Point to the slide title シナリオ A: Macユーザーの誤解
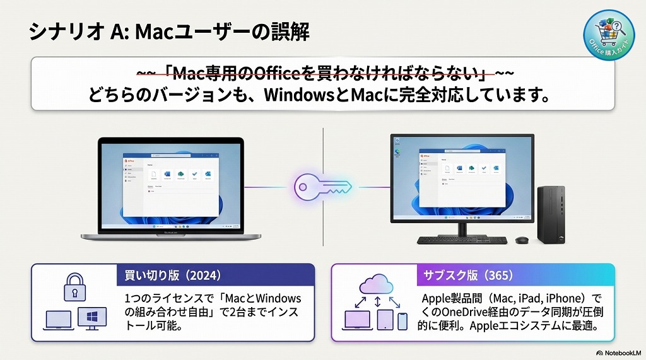(x=169, y=32)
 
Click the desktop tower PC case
(x=551, y=214)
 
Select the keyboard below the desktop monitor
(x=463, y=240)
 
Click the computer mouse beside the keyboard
(x=522, y=240)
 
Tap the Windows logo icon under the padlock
(x=92, y=318)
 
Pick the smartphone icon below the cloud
(x=402, y=320)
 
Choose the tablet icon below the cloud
(x=385, y=320)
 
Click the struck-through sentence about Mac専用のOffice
(x=323, y=74)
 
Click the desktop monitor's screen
(x=462, y=179)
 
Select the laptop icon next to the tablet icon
(x=358, y=320)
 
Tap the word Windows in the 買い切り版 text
(x=278, y=298)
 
